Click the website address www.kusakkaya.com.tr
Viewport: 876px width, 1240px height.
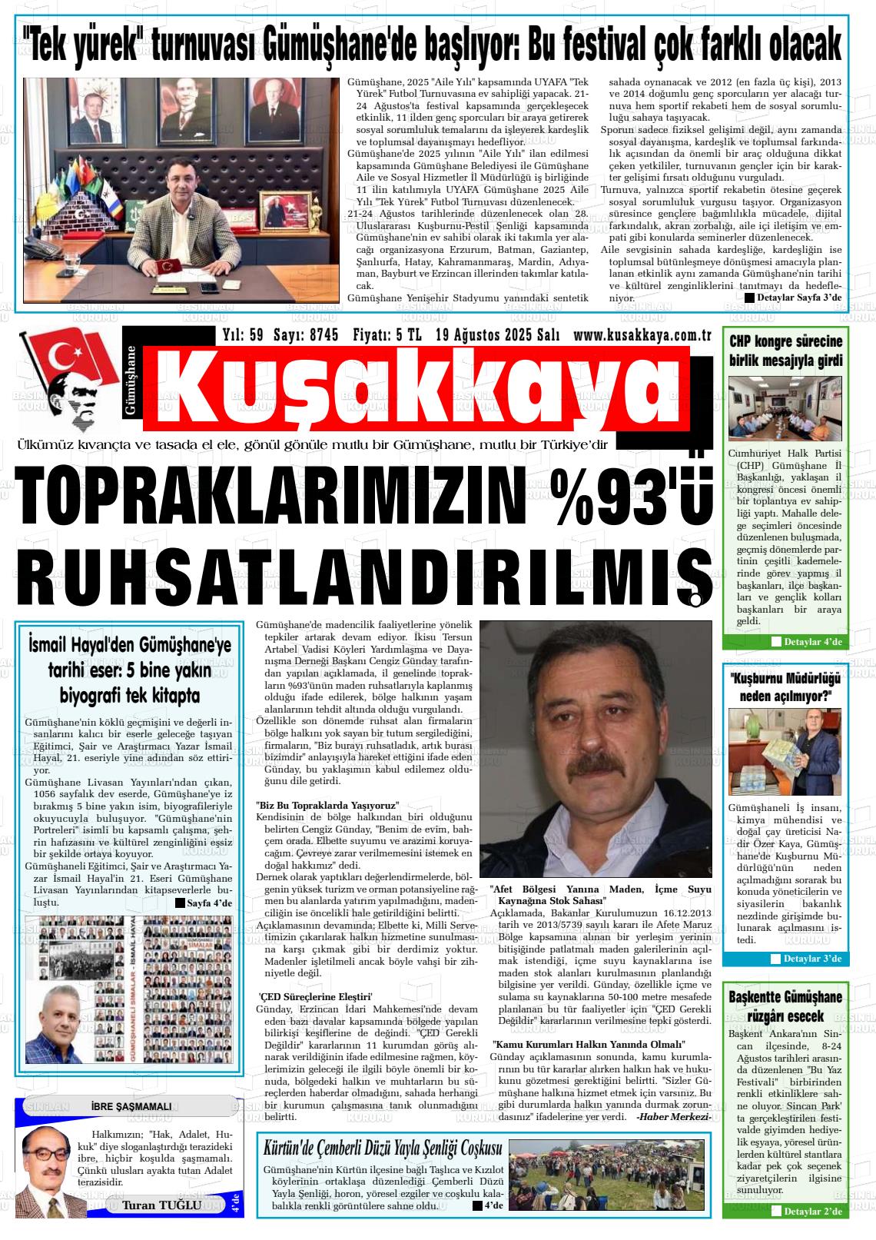pyautogui.click(x=641, y=335)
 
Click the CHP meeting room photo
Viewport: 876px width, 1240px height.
pyautogui.click(x=785, y=407)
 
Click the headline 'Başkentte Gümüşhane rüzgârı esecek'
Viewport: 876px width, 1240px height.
pyautogui.click(x=785, y=1006)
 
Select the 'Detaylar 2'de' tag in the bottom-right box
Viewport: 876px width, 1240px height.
pyautogui.click(x=812, y=1212)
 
